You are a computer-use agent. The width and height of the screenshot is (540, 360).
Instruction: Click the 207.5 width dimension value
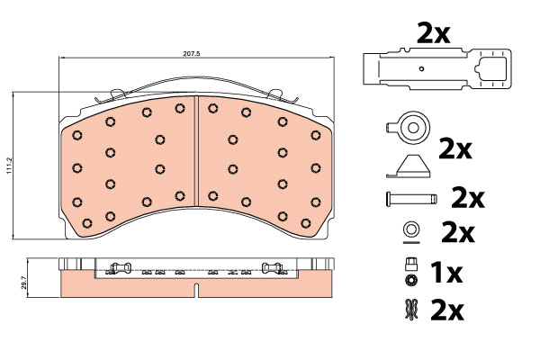click(x=191, y=54)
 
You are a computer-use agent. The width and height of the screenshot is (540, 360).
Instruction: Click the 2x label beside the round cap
click(x=454, y=148)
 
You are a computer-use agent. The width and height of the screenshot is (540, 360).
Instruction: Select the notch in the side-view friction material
click(x=196, y=290)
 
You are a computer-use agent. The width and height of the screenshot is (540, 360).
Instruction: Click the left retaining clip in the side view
click(x=120, y=267)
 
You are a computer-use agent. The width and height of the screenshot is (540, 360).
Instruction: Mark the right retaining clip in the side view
click(x=272, y=267)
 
